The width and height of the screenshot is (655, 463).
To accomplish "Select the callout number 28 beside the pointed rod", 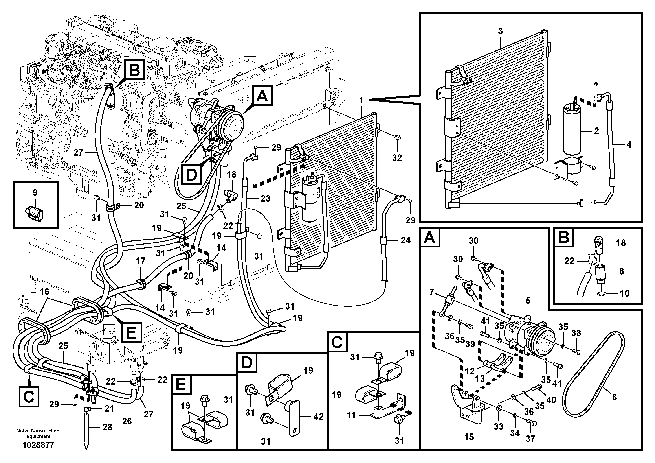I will coord(107,428).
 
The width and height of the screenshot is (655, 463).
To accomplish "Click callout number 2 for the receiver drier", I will coord(596,131).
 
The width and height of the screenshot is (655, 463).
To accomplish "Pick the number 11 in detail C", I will coord(351,415).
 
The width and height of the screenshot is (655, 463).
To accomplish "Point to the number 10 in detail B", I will coord(624,293).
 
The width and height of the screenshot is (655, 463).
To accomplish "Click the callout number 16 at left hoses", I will coord(44,292).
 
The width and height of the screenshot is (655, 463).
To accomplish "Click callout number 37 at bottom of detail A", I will coord(530,439).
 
